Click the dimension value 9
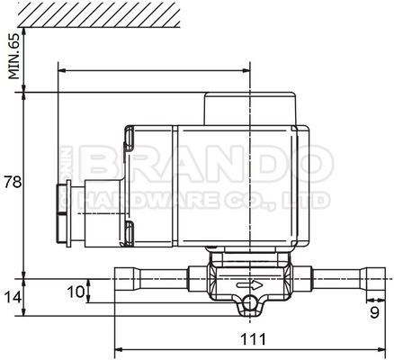click(373, 314)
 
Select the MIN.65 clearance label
click(13, 56)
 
